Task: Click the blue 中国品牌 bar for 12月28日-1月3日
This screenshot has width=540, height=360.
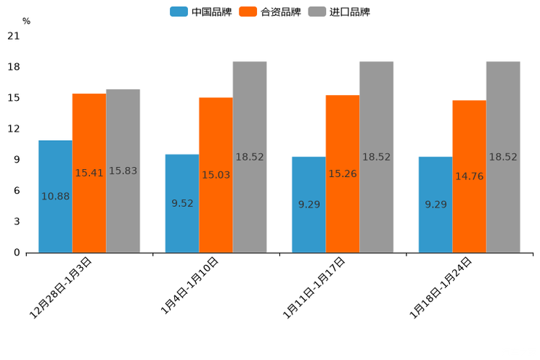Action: pos(55,218)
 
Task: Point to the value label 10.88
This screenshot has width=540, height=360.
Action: pos(55,197)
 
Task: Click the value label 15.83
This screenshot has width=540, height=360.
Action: pos(123,171)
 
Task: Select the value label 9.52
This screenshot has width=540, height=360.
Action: pos(182,204)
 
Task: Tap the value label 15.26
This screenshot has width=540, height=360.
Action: pos(343,174)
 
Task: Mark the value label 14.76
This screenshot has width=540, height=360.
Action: pos(469,176)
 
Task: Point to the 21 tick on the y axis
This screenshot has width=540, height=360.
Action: pos(13,36)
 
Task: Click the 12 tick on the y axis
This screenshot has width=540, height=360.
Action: pos(13,129)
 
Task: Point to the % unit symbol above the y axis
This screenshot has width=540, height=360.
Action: pos(26,22)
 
